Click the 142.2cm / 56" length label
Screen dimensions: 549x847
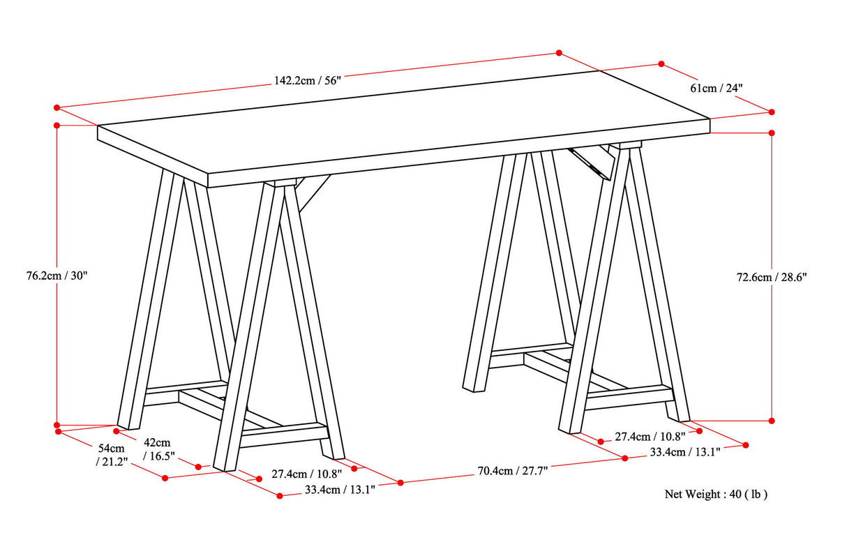[306, 80]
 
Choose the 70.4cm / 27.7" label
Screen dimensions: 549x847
[512, 470]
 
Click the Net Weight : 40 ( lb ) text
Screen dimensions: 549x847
[716, 494]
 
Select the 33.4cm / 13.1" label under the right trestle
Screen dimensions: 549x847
[685, 451]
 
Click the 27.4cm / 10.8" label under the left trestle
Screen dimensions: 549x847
[306, 474]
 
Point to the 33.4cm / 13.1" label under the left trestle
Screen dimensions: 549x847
[340, 489]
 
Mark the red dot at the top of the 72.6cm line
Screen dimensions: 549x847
[772, 133]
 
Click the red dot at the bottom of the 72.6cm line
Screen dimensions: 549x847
[772, 421]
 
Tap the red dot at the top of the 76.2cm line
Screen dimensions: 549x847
[57, 125]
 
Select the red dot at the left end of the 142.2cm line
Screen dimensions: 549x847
[57, 107]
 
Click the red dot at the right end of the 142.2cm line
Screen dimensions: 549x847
[559, 53]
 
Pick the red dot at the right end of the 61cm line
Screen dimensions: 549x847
[772, 112]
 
